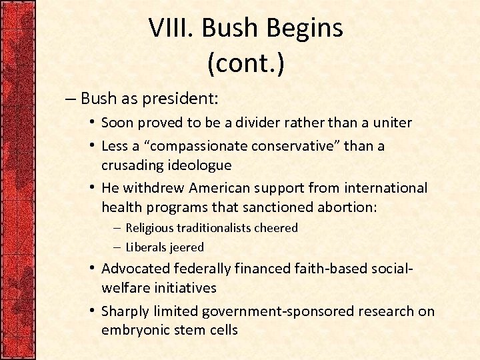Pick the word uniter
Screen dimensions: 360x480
pos(391,123)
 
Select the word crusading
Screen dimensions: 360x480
pos(131,164)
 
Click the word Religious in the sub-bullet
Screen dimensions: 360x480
pos(149,228)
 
